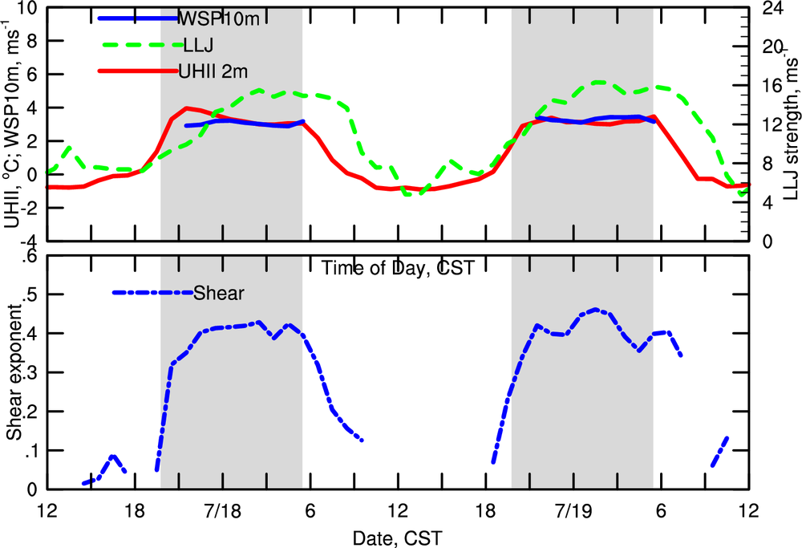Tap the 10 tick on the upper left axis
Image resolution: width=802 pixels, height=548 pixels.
[x=29, y=9]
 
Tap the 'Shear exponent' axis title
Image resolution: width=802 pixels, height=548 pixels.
[x=13, y=372]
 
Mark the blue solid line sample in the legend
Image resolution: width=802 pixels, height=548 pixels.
[x=136, y=18]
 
